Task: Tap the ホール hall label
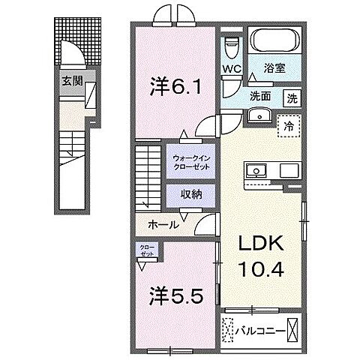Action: pyautogui.click(x=163, y=224)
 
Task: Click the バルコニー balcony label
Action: pyautogui.click(x=259, y=328)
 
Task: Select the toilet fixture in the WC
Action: pyautogui.click(x=232, y=47)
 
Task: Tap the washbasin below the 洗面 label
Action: pyautogui.click(x=260, y=116)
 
